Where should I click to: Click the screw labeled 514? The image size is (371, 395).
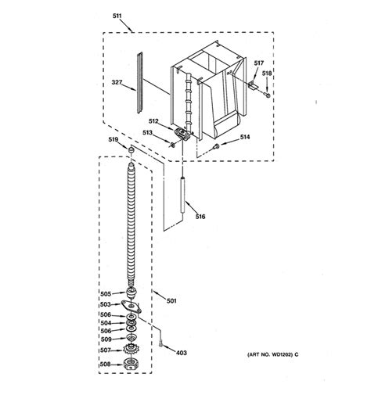[215, 145]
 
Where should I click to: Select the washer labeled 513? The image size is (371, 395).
[171, 145]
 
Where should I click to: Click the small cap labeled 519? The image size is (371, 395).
[132, 150]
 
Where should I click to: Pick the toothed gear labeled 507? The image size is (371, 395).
[131, 350]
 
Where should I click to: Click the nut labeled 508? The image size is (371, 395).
[131, 364]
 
